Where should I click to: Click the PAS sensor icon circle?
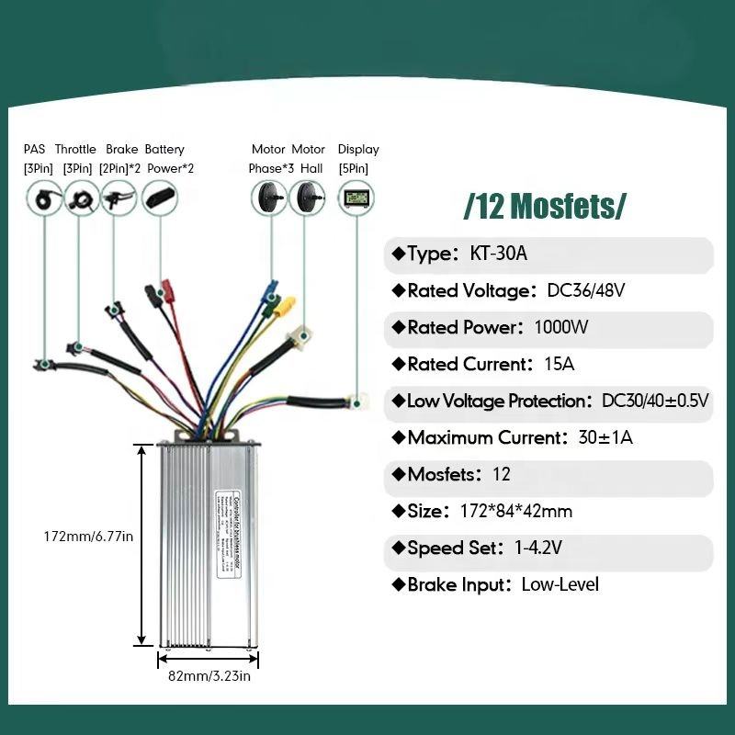pyautogui.click(x=42, y=198)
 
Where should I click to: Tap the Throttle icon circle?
pyautogui.click(x=81, y=198)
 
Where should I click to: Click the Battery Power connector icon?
pyautogui.click(x=159, y=198)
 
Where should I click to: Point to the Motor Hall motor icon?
pyautogui.click(x=307, y=197)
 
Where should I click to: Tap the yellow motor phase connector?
pyautogui.click(x=288, y=303)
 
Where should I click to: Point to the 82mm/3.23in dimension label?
pyautogui.click(x=209, y=677)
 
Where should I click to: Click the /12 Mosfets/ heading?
pyautogui.click(x=545, y=206)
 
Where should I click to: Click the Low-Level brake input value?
pyautogui.click(x=560, y=584)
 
